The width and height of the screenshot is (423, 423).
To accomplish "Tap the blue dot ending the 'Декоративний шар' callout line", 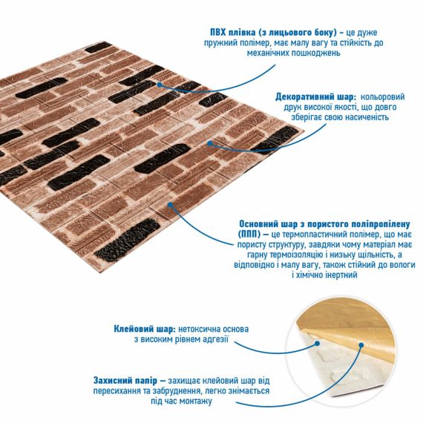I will click(x=210, y=143).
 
